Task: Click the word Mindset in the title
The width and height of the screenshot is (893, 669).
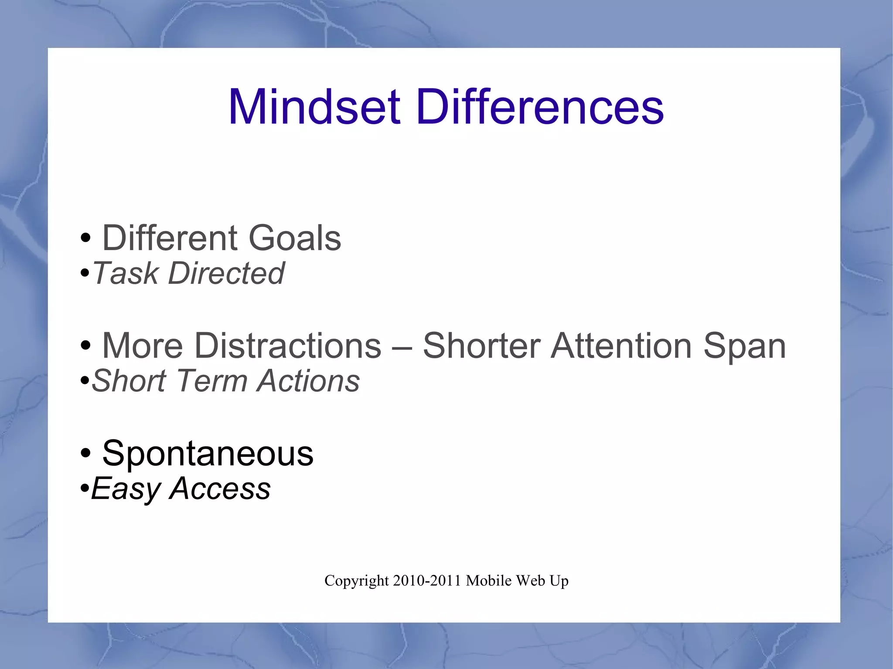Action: [x=314, y=107]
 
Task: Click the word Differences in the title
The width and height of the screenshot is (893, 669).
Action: [x=540, y=107]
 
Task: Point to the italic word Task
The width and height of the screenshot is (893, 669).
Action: [x=126, y=274]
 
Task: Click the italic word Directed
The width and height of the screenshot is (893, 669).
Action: [x=226, y=274]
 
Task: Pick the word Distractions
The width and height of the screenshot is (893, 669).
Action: [x=288, y=346]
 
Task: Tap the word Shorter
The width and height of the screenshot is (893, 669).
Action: [x=482, y=346]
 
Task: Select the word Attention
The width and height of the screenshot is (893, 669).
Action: [x=621, y=346]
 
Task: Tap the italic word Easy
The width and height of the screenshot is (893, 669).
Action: [x=126, y=489]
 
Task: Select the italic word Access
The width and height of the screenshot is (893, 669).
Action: [x=220, y=489]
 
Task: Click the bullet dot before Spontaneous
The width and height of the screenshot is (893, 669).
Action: [x=85, y=454]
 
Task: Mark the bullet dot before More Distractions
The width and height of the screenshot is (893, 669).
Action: [x=85, y=346]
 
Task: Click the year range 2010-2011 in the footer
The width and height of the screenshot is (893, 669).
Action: [x=427, y=581]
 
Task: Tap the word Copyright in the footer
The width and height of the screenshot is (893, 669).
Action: [x=356, y=581]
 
